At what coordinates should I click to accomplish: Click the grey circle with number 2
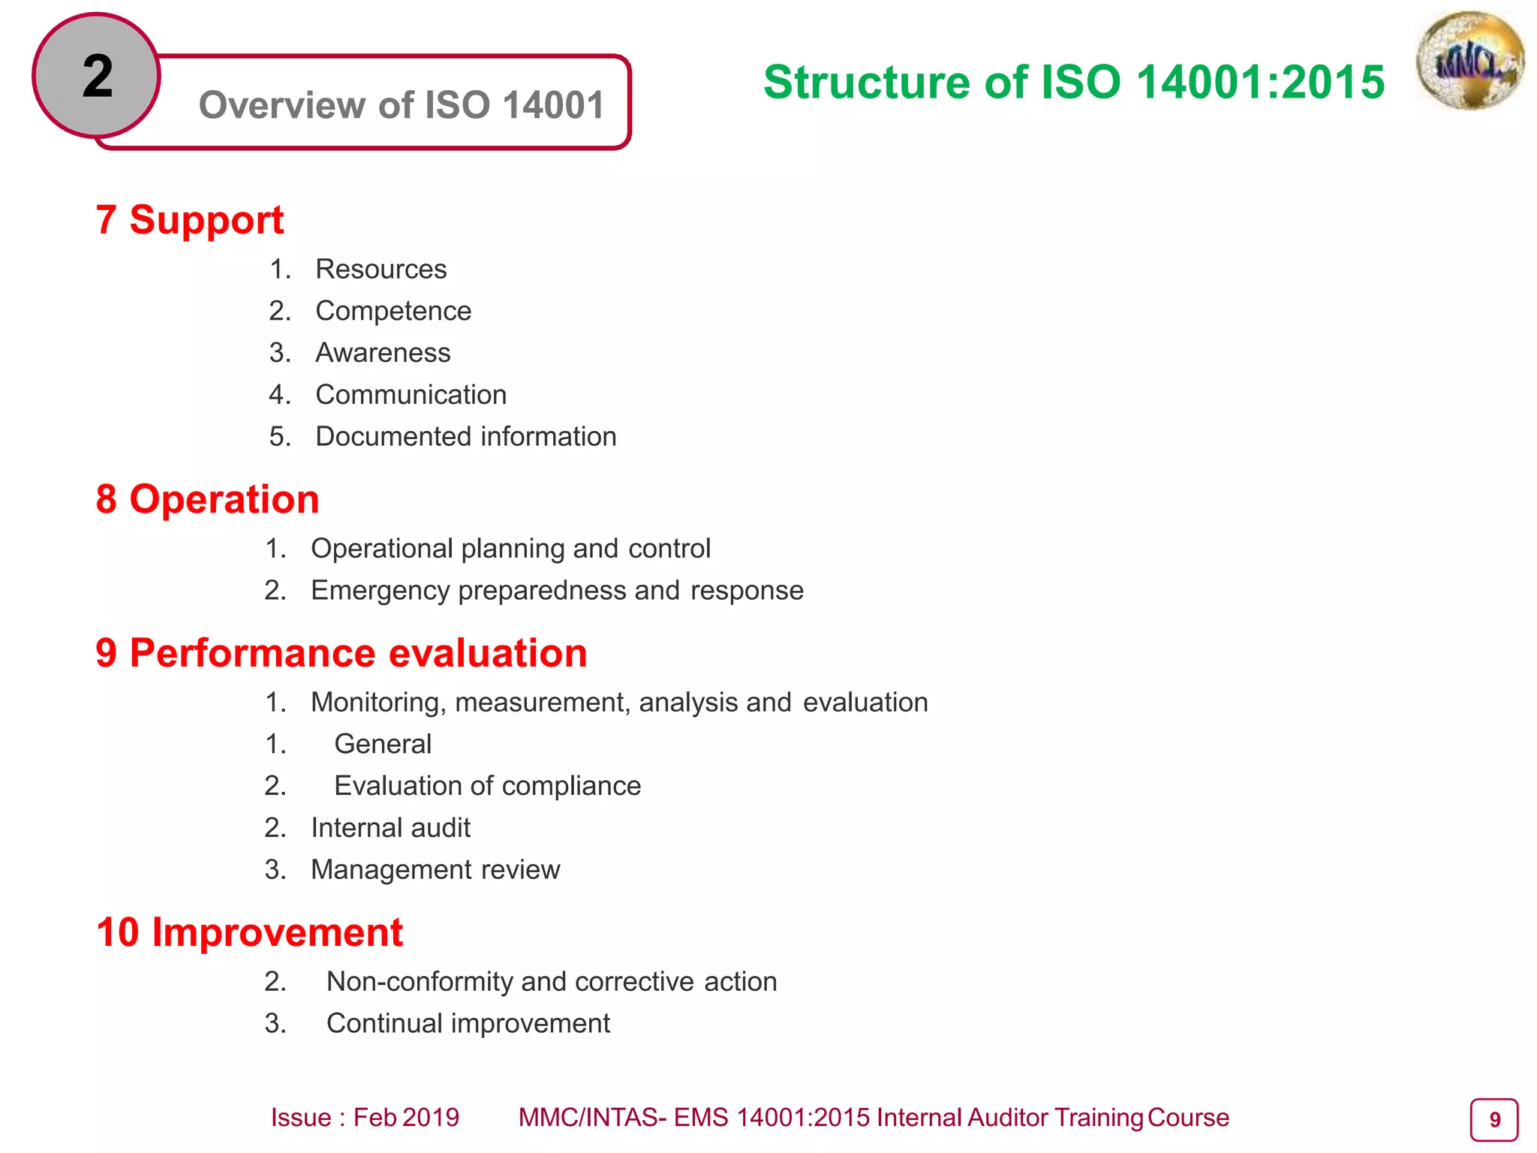pos(97,75)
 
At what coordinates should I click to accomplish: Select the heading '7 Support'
pos(190,220)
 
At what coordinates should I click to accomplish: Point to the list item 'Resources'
pos(380,269)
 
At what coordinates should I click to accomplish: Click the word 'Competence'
pos(393,311)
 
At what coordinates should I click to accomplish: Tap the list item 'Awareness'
pos(383,353)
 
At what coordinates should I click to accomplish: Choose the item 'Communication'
pos(411,395)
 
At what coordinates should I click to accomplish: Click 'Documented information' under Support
pos(465,437)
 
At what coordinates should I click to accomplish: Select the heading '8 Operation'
pos(208,499)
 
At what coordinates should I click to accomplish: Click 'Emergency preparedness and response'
pos(557,591)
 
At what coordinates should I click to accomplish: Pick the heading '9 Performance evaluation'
pos(341,653)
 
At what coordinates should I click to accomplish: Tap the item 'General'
pos(383,744)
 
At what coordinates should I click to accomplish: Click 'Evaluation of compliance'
pos(488,786)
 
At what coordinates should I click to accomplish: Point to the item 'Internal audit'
pos(390,828)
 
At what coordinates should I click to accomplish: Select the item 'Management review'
pos(435,870)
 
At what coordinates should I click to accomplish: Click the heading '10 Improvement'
pos(250,932)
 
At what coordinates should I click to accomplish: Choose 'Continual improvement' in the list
pos(468,1024)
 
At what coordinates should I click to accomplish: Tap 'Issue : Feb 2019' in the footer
pos(365,1118)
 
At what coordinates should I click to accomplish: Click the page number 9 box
pos(1493,1120)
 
